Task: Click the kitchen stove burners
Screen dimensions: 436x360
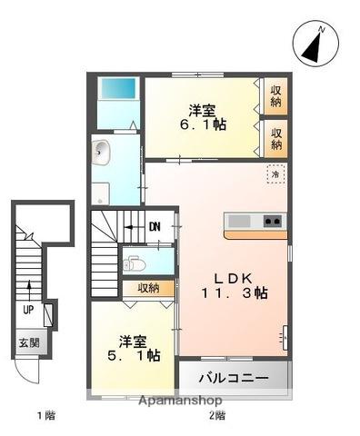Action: (x=272, y=221)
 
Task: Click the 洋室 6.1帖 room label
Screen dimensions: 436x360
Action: (x=201, y=119)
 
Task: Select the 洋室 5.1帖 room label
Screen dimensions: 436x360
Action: (x=128, y=348)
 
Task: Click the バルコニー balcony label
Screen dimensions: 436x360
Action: (x=235, y=378)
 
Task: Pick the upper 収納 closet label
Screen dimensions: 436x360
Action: (x=275, y=95)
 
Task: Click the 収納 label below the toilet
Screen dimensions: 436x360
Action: (x=149, y=288)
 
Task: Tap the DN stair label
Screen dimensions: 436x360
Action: (x=155, y=227)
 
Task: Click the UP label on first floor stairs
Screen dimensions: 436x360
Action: (x=29, y=309)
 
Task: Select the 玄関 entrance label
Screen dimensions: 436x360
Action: (x=28, y=343)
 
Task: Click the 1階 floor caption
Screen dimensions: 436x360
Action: (x=46, y=417)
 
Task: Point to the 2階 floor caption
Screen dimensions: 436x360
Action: (x=216, y=417)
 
